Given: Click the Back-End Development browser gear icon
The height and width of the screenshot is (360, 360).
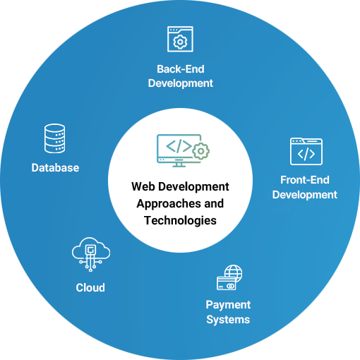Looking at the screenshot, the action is pyautogui.click(x=180, y=39).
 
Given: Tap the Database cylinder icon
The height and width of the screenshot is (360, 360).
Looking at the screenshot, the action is pyautogui.click(x=55, y=138).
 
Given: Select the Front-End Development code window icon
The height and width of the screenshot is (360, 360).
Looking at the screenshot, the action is pyautogui.click(x=306, y=151).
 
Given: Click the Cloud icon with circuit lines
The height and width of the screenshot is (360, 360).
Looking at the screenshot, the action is pyautogui.click(x=91, y=254).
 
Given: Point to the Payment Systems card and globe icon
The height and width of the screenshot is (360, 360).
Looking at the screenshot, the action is pyautogui.click(x=229, y=277).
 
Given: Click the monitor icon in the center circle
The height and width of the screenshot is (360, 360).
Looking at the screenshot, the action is pyautogui.click(x=179, y=150).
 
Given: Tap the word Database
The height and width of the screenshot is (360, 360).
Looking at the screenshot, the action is pyautogui.click(x=55, y=168).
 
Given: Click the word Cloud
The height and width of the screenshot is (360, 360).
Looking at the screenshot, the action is pyautogui.click(x=90, y=287).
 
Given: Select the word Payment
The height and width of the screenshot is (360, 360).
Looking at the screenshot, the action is pyautogui.click(x=228, y=305).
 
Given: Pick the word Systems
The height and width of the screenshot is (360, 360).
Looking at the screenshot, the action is pyautogui.click(x=228, y=320).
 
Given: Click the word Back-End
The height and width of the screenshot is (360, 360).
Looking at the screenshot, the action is pyautogui.click(x=181, y=69).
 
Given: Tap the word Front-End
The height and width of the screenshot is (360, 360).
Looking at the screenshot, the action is pyautogui.click(x=305, y=180).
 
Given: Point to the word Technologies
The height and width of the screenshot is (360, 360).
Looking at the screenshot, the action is pyautogui.click(x=180, y=221).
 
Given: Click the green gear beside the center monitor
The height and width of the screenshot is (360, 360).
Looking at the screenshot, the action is pyautogui.click(x=200, y=151).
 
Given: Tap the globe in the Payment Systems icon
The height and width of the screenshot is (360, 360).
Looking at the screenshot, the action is pyautogui.click(x=234, y=273).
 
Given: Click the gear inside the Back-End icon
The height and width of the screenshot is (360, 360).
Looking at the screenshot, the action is pyautogui.click(x=180, y=42).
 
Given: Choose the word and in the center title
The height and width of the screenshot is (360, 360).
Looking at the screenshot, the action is pyautogui.click(x=214, y=203).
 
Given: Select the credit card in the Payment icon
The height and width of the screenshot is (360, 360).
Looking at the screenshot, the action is pyautogui.click(x=226, y=284).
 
